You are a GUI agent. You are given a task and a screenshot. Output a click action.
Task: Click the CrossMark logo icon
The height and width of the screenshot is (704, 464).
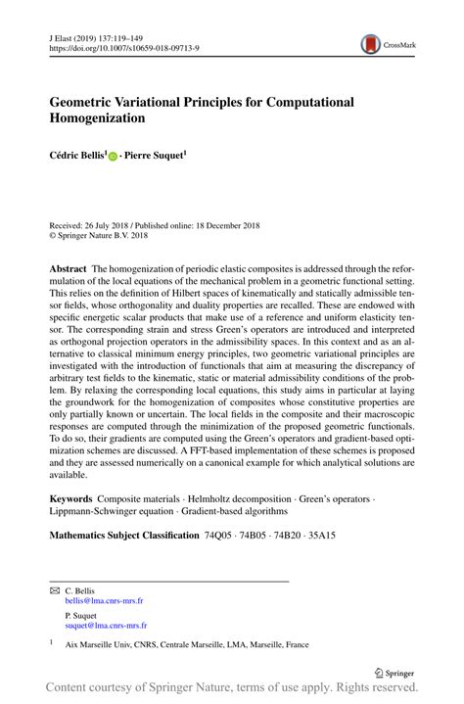[x=371, y=43]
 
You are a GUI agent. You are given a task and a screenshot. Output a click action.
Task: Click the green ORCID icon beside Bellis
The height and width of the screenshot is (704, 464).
[x=113, y=156]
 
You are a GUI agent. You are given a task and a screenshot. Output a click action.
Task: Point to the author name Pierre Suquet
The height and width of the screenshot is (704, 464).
[x=156, y=155]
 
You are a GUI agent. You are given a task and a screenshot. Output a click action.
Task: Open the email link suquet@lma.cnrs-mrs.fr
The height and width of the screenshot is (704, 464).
[x=105, y=625]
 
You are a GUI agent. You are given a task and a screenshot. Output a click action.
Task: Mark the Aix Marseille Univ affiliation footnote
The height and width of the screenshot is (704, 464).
[x=186, y=647]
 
